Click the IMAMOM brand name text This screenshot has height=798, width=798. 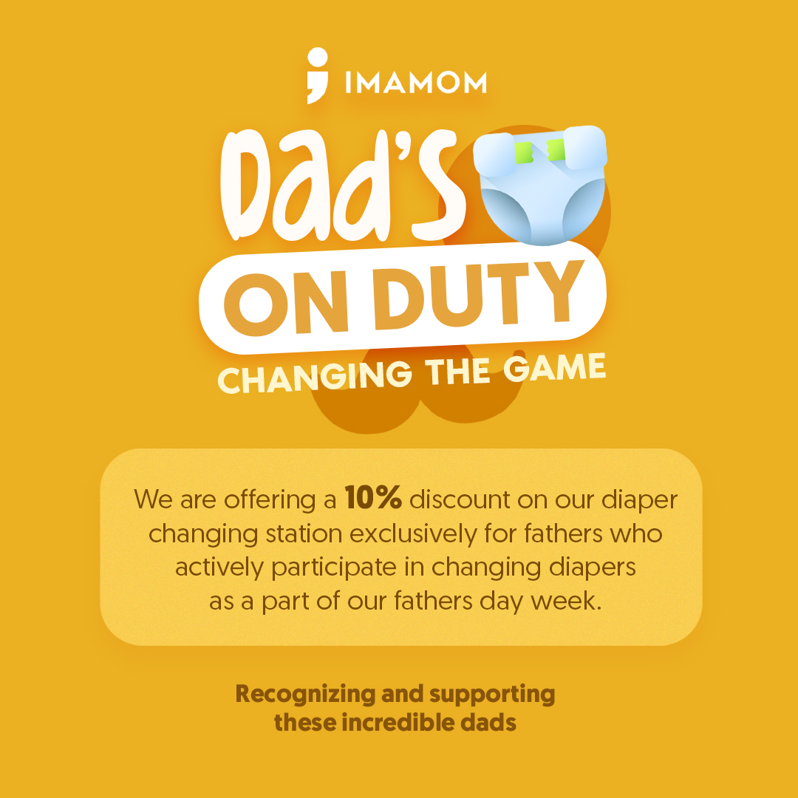(x=416, y=83)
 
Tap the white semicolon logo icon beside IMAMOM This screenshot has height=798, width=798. (x=318, y=75)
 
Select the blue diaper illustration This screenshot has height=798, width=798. (x=540, y=185)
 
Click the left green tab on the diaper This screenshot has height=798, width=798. (x=524, y=153)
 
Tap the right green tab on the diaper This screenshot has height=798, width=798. (x=556, y=150)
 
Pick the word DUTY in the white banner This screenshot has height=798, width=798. (x=479, y=295)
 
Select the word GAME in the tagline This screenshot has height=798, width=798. (x=555, y=368)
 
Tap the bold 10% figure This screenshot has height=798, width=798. (x=374, y=497)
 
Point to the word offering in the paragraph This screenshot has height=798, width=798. (x=270, y=499)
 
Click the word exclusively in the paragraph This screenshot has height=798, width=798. (x=413, y=533)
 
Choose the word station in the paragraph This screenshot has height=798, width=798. (x=304, y=534)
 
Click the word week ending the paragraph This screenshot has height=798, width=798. (x=567, y=601)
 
